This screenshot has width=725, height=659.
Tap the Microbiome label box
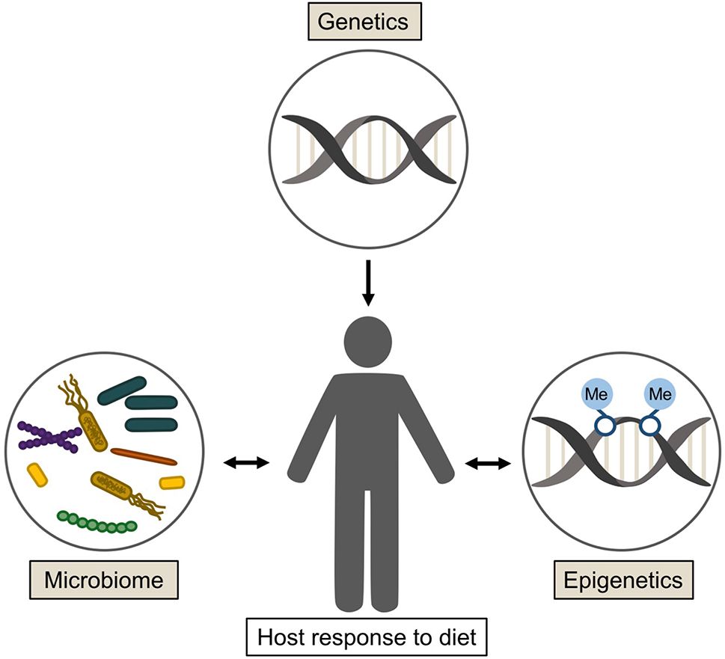[104, 580]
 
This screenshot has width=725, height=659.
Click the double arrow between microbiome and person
[246, 464]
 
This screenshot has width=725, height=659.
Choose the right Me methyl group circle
[656, 393]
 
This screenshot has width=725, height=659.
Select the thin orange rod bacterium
[144, 456]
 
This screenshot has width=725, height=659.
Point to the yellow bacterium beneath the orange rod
[172, 482]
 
